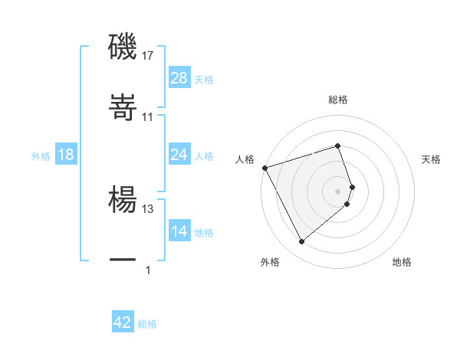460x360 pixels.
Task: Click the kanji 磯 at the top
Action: coord(123,47)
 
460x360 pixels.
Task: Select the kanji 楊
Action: coord(123,201)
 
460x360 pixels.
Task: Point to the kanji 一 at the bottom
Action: coord(123,260)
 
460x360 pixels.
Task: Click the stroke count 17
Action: coord(148,56)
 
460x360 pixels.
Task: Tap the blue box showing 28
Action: coord(179,78)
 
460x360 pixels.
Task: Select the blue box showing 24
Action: coord(179,155)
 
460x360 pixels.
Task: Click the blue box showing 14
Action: coord(179,231)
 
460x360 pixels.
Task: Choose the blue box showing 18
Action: coord(66,155)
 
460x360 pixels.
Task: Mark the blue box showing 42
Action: coord(123,322)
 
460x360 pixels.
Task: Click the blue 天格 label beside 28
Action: coord(204,79)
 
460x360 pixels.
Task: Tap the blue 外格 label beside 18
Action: coord(41,155)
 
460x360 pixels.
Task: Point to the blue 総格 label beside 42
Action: coord(147,323)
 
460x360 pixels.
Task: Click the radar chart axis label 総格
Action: coord(338,100)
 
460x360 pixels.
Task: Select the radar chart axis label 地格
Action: coord(402,263)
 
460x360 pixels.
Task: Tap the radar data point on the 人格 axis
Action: coord(264,168)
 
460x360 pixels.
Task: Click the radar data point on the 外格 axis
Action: coord(301,242)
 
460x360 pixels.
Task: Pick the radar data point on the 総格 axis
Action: coord(338,146)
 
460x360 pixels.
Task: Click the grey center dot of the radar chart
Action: coord(338,191)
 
